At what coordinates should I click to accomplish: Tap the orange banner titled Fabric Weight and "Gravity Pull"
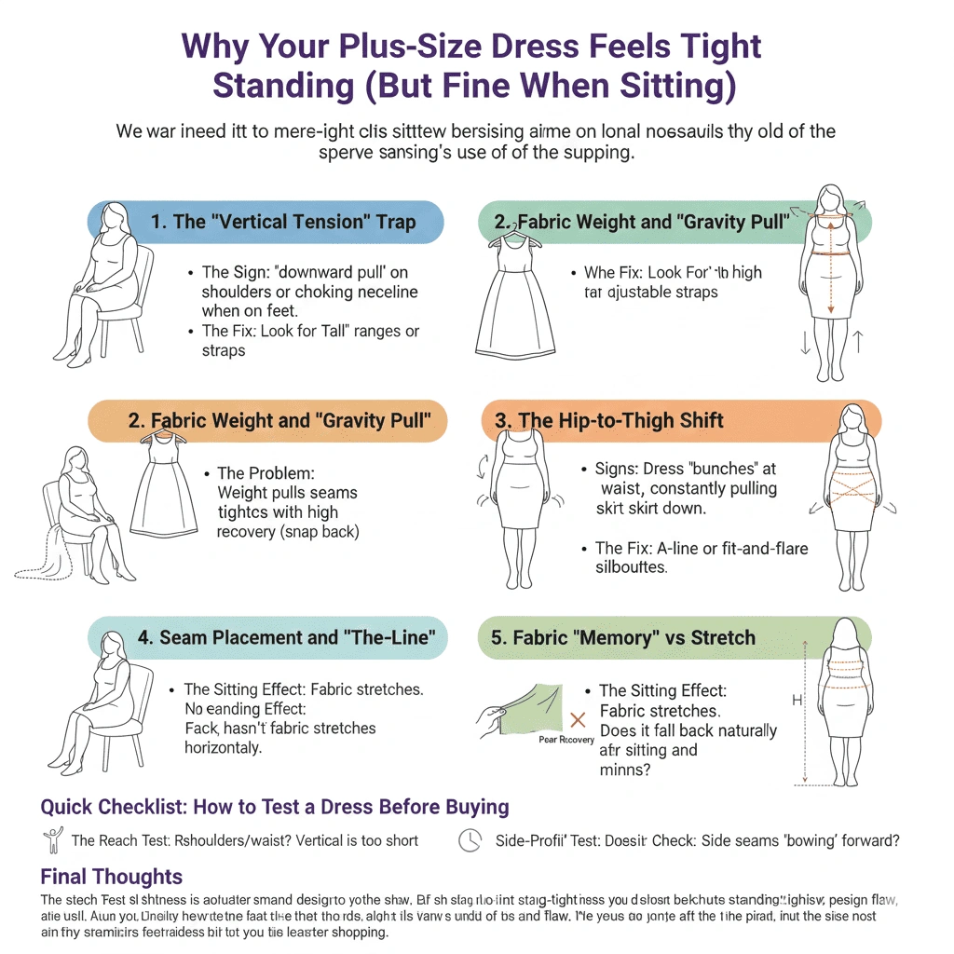point(279,420)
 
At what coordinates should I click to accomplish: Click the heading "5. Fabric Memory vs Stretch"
point(624,638)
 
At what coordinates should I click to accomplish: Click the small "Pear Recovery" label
point(566,740)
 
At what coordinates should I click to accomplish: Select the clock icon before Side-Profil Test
point(470,840)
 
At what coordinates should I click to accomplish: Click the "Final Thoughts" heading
point(112,877)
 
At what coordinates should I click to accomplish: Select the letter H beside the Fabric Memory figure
point(797,700)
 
